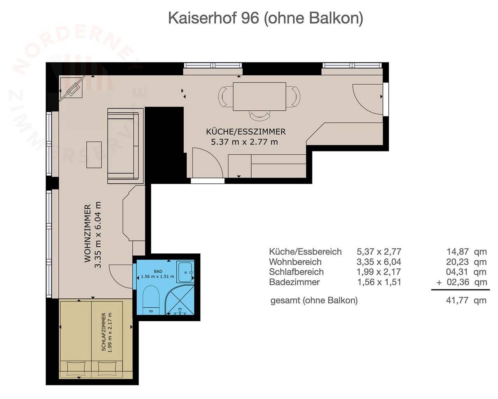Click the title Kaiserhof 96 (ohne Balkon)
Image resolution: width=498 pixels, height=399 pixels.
tap(265, 18)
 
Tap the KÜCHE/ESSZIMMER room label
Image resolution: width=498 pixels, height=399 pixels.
tap(245, 132)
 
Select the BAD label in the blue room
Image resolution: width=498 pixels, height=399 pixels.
tap(158, 271)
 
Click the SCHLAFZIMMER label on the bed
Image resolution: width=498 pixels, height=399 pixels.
tap(103, 332)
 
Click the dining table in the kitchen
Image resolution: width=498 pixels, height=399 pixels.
tap(260, 96)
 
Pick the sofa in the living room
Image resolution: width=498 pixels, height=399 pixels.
tap(123, 148)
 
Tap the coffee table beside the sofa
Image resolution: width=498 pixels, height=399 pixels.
tap(94, 155)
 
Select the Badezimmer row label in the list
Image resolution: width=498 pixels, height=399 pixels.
tap(294, 282)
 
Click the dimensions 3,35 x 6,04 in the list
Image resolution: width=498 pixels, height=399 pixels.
tap(379, 262)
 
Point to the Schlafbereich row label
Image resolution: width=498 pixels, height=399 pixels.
tap(296, 272)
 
